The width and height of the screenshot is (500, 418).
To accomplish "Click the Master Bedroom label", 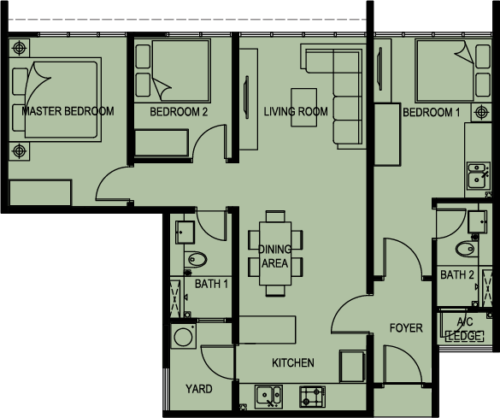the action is (68, 111).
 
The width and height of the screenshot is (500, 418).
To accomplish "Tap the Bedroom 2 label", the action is (179, 112).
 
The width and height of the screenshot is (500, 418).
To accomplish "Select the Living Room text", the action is (296, 111).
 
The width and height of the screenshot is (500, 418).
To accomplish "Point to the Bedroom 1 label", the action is (432, 112).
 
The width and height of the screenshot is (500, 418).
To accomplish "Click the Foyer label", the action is (406, 327).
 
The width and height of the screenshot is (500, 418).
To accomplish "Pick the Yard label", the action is (198, 389).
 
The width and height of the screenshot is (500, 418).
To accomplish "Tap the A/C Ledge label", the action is (465, 329).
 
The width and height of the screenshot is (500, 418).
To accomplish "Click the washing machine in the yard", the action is (183, 336).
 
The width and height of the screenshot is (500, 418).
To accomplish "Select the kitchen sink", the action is (268, 397).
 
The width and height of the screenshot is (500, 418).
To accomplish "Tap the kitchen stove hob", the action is (313, 397).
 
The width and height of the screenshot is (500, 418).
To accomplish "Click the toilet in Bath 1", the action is (197, 260).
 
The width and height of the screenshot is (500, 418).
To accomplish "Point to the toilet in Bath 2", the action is (467, 249).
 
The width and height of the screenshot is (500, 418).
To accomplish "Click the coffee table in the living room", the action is (304, 108).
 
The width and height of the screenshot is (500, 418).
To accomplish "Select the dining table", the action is (275, 254).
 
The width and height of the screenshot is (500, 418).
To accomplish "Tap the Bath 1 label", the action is (211, 284).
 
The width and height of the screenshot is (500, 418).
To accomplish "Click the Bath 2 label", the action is (457, 274).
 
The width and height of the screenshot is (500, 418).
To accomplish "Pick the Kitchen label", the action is (292, 362).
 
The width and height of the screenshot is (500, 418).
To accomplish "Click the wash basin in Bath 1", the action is (185, 233).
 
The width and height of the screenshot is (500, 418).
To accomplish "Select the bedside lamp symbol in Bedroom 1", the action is (481, 112).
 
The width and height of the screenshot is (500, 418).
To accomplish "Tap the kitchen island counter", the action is (268, 330).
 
